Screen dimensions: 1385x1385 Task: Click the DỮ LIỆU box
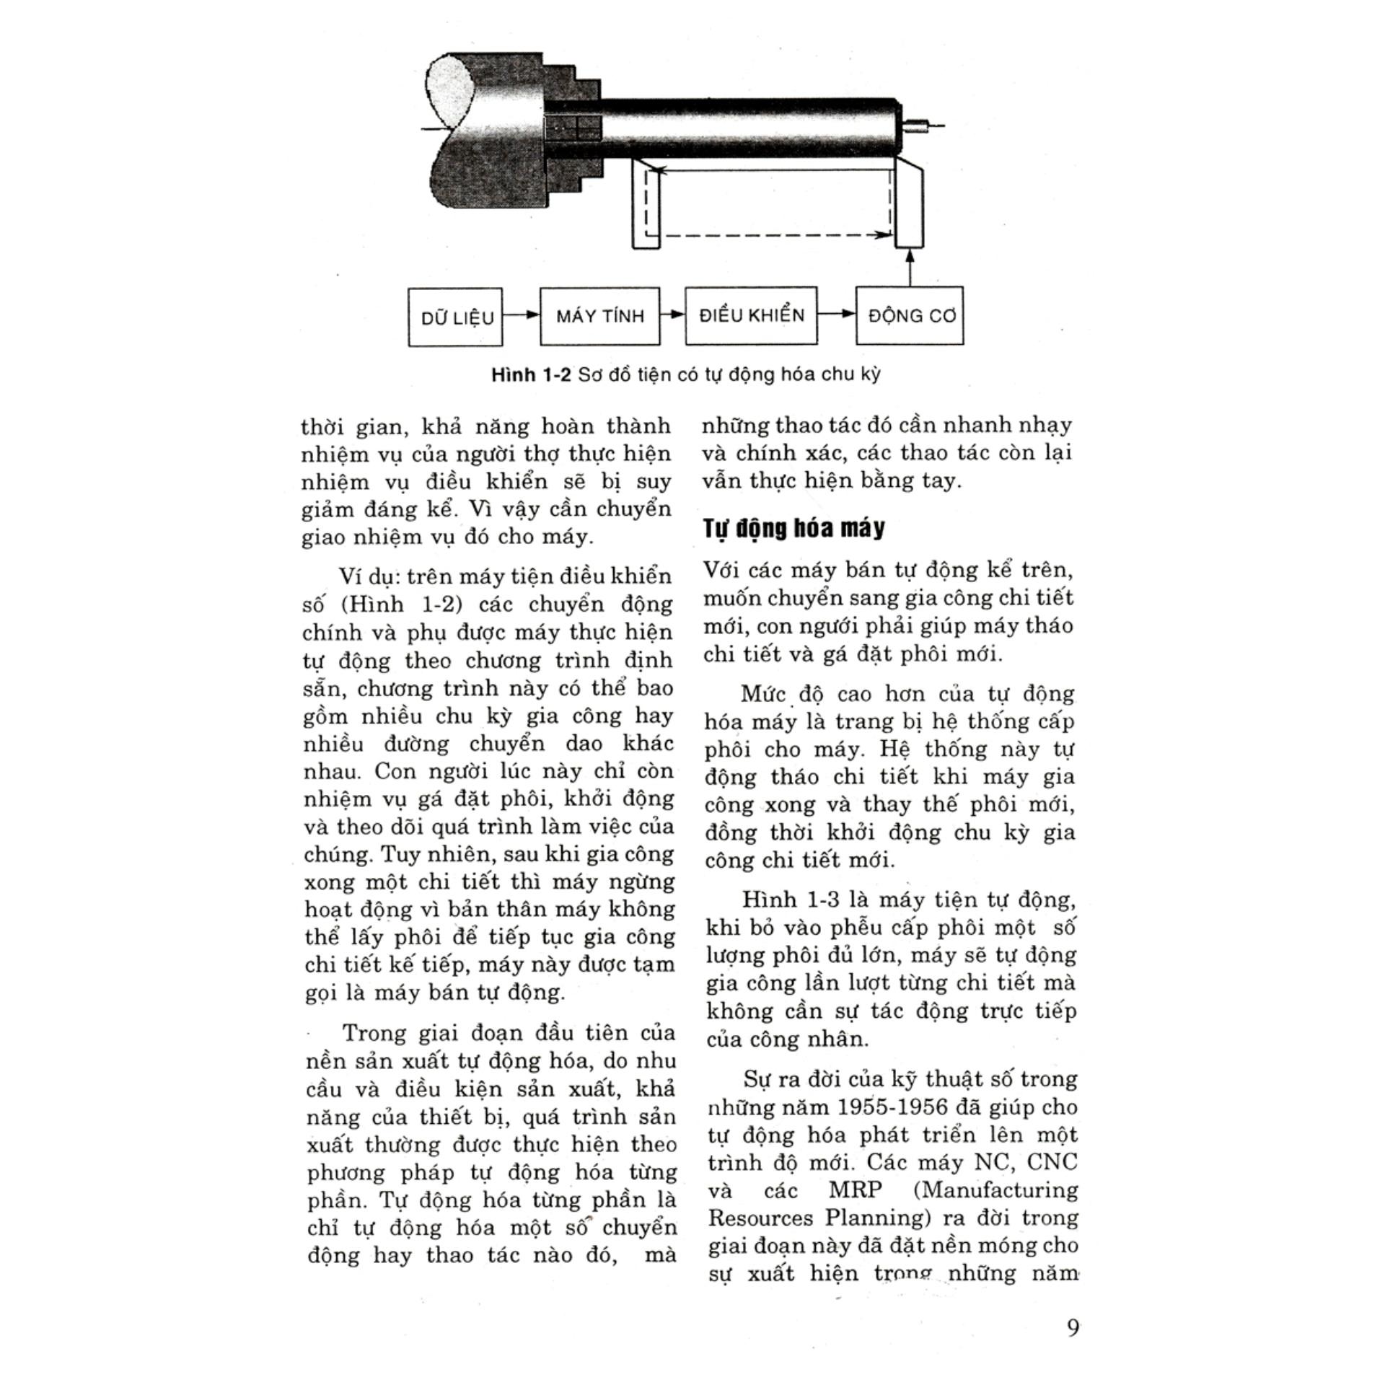click(x=455, y=317)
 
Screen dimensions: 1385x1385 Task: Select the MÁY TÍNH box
click(x=599, y=316)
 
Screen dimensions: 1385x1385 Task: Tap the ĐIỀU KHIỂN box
click(x=751, y=315)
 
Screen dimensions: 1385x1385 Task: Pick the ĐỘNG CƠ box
click(x=910, y=316)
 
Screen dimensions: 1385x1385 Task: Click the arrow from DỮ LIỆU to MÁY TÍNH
click(x=522, y=315)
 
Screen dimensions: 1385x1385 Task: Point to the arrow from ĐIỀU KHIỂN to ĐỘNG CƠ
click(x=837, y=314)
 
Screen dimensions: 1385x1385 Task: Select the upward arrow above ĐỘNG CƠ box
click(x=910, y=267)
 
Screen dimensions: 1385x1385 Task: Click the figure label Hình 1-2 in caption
click(x=531, y=375)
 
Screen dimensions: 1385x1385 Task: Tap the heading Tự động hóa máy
click(x=793, y=528)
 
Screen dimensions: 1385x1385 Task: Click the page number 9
click(x=1073, y=1328)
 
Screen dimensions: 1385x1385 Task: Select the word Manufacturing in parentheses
click(x=996, y=1190)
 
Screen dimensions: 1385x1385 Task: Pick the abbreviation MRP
click(x=855, y=1190)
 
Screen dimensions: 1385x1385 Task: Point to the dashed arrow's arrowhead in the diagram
click(x=882, y=234)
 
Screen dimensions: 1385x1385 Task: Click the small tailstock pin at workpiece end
click(x=920, y=128)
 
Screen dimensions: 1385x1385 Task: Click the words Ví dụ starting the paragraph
click(x=368, y=576)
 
